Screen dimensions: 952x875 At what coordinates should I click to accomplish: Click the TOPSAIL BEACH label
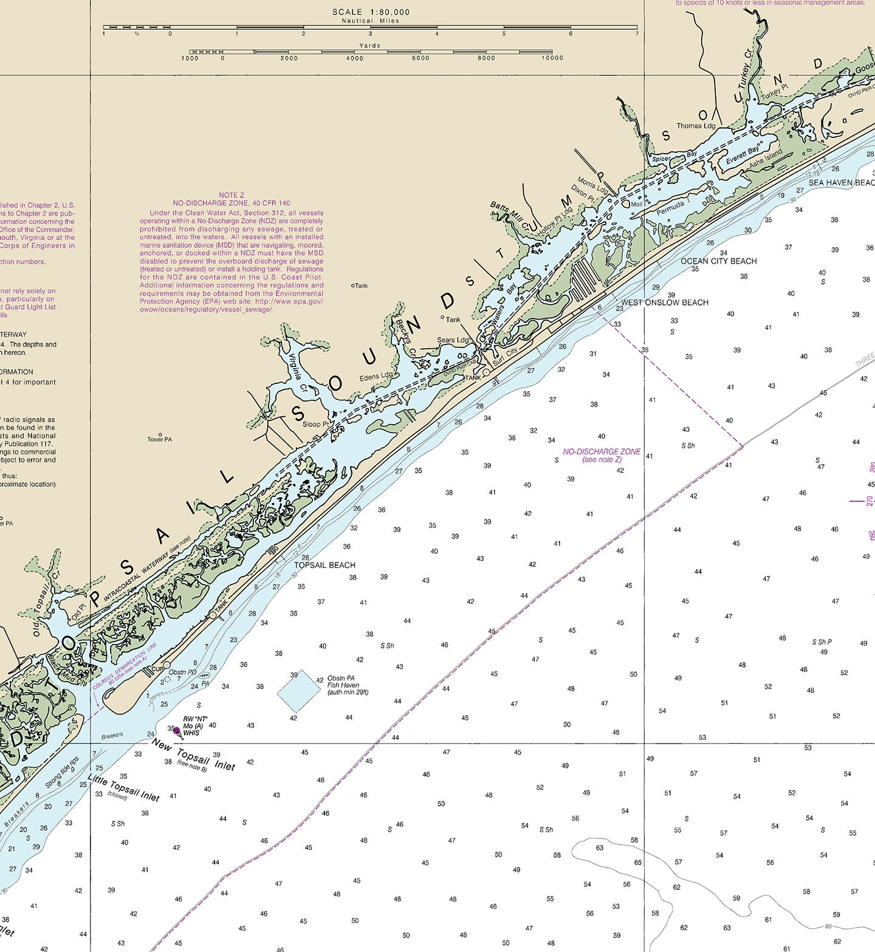point(324,565)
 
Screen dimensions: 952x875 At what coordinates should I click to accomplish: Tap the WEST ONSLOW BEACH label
point(664,303)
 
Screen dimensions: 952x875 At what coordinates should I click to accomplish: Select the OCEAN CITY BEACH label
point(718,261)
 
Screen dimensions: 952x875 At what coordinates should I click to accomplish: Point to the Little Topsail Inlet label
point(123,787)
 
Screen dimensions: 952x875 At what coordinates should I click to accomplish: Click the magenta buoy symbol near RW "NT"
point(176,731)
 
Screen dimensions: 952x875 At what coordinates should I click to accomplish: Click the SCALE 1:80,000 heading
point(371,12)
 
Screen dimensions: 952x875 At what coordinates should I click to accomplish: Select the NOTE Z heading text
point(232,195)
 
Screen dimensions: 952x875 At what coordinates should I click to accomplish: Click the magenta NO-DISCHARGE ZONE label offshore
point(601,452)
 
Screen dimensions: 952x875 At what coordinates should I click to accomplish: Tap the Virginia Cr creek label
point(296,366)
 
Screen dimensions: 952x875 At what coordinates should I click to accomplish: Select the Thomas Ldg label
point(696,126)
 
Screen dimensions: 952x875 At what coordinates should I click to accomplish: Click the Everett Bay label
point(743,154)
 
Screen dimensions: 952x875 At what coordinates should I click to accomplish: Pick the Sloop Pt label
point(316,424)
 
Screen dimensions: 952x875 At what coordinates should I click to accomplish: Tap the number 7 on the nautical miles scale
point(637,33)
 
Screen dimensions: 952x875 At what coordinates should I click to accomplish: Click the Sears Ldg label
point(453,340)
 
